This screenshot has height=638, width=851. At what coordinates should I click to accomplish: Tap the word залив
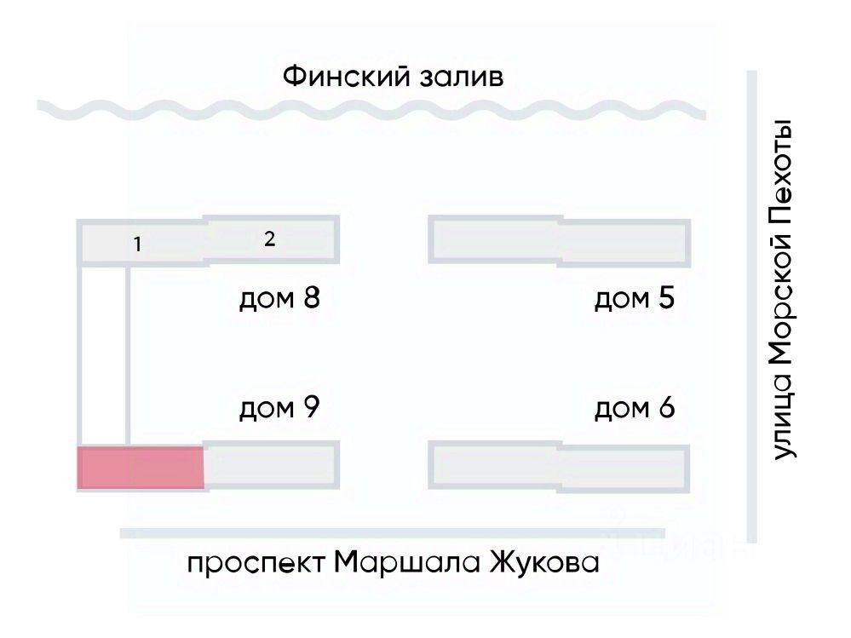(461, 78)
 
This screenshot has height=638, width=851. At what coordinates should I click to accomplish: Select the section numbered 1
(137, 244)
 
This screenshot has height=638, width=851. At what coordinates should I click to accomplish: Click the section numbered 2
(270, 239)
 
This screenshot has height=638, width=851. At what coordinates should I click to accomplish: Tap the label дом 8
(279, 300)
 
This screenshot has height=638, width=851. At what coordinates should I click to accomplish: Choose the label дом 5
(635, 300)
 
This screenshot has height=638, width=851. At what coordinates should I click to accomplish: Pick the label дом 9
(279, 408)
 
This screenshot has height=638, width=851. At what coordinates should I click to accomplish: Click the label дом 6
(635, 409)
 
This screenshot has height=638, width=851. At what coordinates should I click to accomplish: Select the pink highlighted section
(141, 468)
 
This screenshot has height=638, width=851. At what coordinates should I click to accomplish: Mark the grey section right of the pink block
(271, 466)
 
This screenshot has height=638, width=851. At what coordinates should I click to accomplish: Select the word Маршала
(399, 563)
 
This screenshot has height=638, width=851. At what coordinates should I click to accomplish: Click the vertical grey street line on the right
(750, 307)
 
